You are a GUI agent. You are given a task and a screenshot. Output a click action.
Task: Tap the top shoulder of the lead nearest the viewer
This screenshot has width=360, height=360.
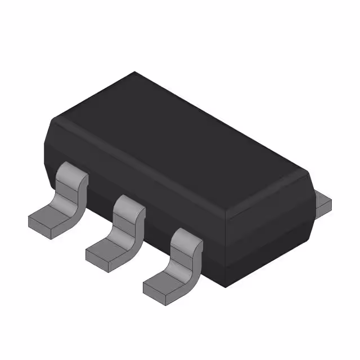click(186, 233)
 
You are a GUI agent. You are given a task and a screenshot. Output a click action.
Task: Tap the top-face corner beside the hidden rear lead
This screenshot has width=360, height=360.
click(308, 173)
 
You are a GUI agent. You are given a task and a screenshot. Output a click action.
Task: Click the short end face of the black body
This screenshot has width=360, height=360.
click(269, 231)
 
